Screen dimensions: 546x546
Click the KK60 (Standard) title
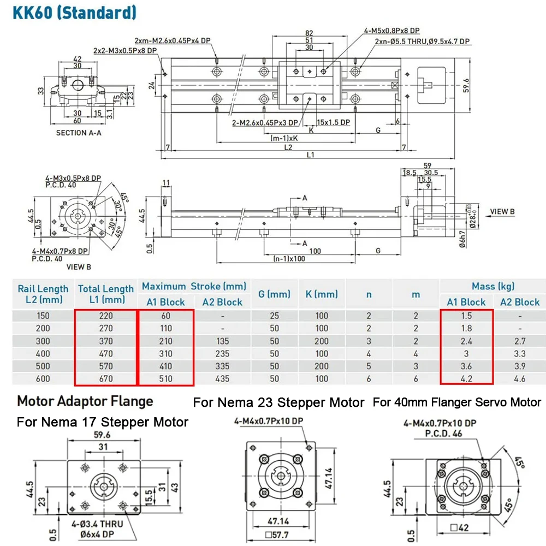70,12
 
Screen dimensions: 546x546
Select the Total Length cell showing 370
105,341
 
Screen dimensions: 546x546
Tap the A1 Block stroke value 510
165,378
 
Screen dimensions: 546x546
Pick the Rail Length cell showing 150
43,316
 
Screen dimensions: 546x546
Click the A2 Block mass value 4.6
519,378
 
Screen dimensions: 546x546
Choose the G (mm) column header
274,294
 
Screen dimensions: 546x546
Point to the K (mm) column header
322,294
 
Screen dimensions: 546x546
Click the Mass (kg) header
493,286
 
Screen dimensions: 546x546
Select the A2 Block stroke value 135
222,341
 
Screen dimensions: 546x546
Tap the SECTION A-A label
79,133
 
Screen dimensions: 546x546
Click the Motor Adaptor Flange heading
85,402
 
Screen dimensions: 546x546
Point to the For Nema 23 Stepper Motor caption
278,403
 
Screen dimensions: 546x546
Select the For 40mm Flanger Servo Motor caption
457,402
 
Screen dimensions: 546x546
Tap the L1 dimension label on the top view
310,155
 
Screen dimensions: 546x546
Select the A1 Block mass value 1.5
466,316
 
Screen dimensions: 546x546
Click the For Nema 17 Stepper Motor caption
103,422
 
